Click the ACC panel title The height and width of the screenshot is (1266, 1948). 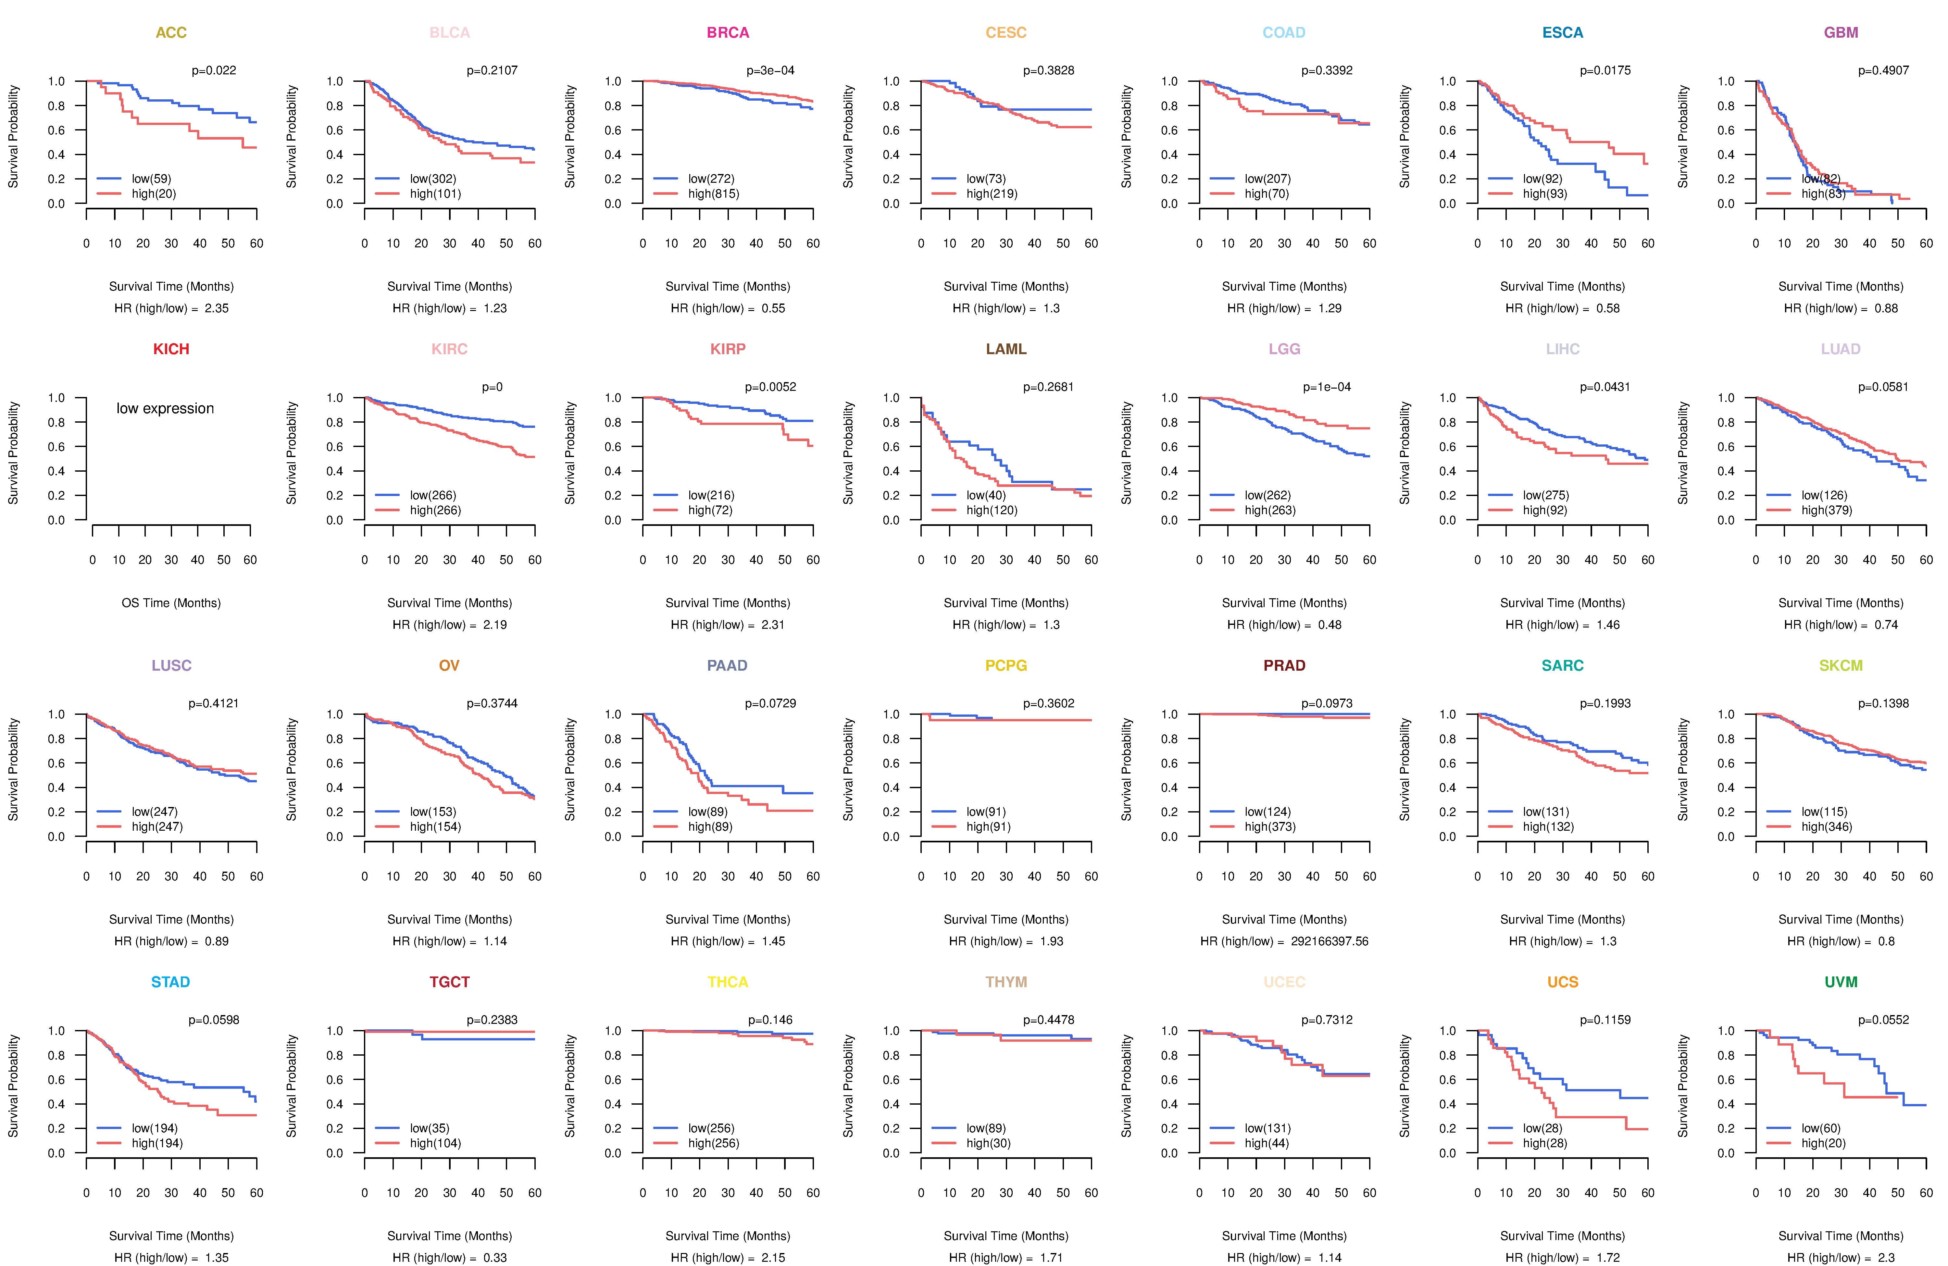(171, 33)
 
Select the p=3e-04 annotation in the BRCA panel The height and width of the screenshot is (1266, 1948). (770, 70)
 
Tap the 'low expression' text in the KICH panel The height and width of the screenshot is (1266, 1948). (165, 408)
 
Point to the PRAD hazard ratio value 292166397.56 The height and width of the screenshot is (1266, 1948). (1329, 941)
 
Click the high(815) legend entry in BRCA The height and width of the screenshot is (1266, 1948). (713, 194)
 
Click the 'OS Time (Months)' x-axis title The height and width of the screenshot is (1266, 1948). (171, 603)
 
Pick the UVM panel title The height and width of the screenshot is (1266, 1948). (1841, 982)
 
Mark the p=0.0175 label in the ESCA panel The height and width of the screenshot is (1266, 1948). (1605, 70)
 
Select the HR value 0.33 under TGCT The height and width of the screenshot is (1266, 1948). (495, 1258)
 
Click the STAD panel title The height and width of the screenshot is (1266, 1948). (170, 982)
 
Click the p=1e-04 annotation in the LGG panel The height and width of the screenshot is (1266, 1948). (1327, 387)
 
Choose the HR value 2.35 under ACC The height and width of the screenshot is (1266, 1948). (217, 308)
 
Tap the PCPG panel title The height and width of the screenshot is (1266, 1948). (1006, 665)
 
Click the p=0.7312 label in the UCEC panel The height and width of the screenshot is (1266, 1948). (1327, 1020)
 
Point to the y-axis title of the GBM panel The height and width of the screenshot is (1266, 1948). (1683, 137)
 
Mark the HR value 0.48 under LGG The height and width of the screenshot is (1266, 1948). (1330, 625)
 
